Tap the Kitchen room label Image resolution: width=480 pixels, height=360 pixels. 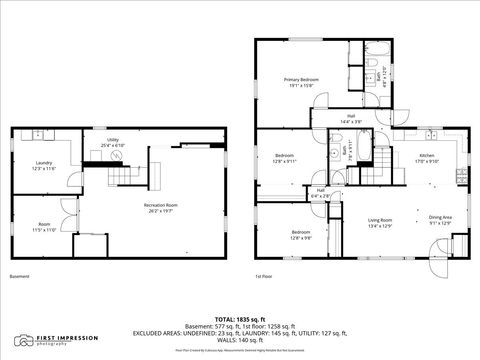[427, 158]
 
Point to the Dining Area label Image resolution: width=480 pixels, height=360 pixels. [440, 217]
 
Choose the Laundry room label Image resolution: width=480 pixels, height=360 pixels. [43, 162]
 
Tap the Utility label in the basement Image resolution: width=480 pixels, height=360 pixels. [114, 140]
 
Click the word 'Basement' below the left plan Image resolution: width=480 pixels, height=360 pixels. [19, 276]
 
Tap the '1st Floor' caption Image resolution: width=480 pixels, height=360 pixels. [264, 276]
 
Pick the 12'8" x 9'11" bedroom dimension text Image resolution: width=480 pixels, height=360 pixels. [285, 160]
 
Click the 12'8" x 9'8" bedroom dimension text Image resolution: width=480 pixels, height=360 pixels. [285, 237]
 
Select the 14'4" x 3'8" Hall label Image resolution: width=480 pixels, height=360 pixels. [352, 120]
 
